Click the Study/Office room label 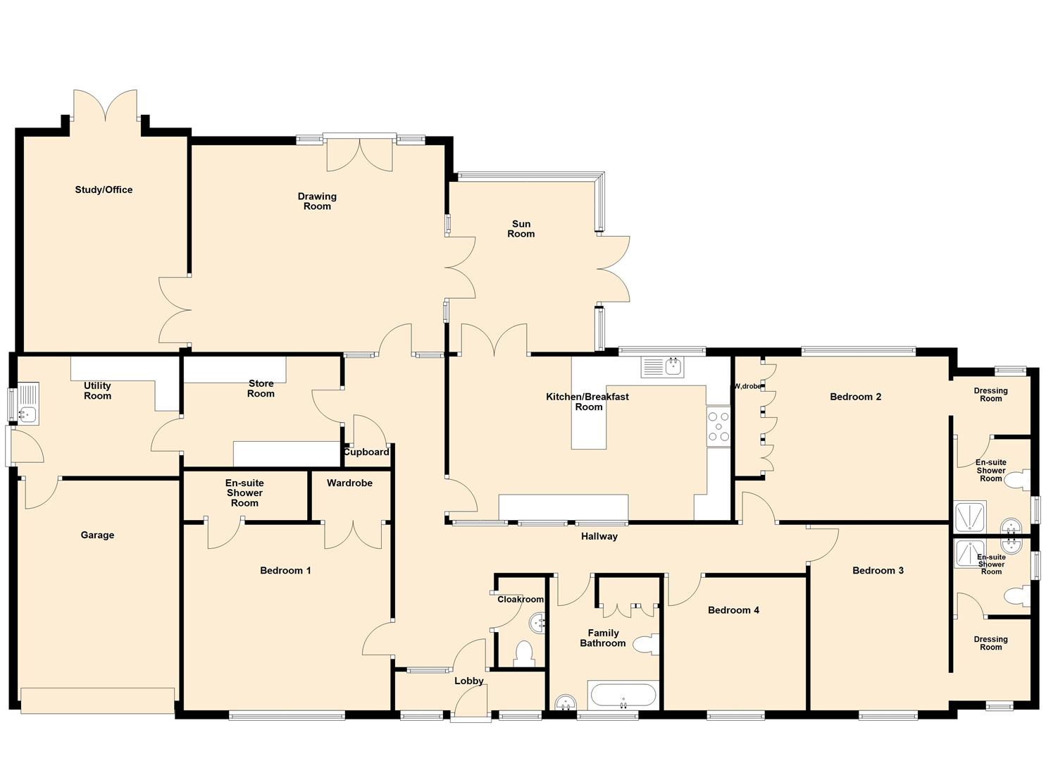104,190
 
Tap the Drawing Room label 317,202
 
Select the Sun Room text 521,229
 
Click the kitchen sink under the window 662,367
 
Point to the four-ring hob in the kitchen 718,426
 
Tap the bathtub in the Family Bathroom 623,696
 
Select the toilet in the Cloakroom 524,653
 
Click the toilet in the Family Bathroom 645,644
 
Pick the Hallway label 599,536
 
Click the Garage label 97,535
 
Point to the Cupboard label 366,452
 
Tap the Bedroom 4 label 733,610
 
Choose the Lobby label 468,681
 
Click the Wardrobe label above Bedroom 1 349,483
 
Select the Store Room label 261,388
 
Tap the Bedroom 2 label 855,397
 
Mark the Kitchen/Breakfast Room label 587,402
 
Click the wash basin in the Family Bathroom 565,703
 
